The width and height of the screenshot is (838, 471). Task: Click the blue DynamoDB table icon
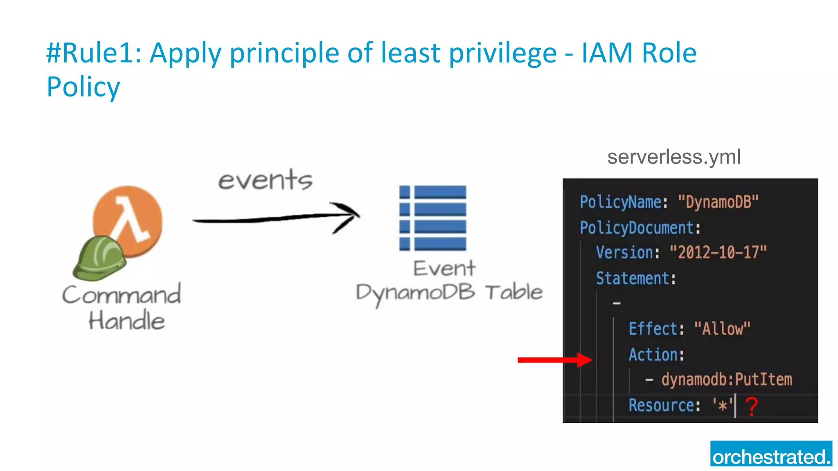(433, 218)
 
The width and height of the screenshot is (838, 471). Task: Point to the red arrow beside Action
(554, 360)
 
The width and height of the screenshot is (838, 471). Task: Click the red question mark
(751, 406)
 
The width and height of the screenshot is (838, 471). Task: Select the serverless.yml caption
(674, 157)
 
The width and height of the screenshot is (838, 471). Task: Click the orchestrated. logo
(771, 454)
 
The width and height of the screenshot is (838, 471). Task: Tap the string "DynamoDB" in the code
(718, 202)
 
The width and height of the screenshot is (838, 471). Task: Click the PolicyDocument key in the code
(637, 228)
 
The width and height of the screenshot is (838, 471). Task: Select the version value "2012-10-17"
(718, 253)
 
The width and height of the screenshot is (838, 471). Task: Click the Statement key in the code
(632, 278)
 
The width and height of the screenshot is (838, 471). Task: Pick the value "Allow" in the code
(722, 329)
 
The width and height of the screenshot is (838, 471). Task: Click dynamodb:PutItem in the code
(727, 379)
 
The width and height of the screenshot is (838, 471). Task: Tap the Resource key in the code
(661, 405)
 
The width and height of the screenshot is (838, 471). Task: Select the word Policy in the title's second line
(83, 87)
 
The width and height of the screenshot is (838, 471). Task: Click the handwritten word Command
(122, 295)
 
